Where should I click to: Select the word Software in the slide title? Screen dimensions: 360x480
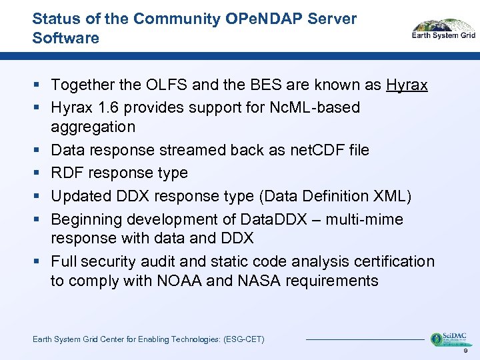65,38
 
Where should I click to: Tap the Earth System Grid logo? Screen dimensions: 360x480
443,29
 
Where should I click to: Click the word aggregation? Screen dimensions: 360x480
93,127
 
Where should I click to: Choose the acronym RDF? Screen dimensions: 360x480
67,173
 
